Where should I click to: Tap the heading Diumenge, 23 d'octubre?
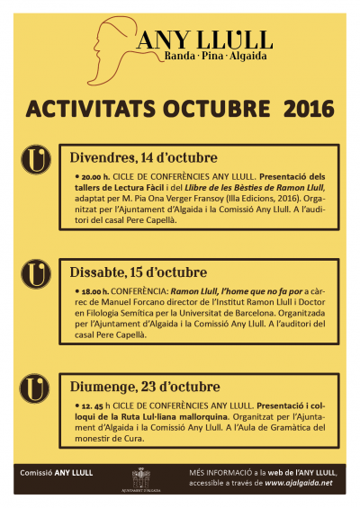click(144, 387)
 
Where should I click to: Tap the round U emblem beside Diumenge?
click(34, 388)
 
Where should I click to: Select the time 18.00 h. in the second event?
click(94, 292)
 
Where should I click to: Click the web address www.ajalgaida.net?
click(300, 483)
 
